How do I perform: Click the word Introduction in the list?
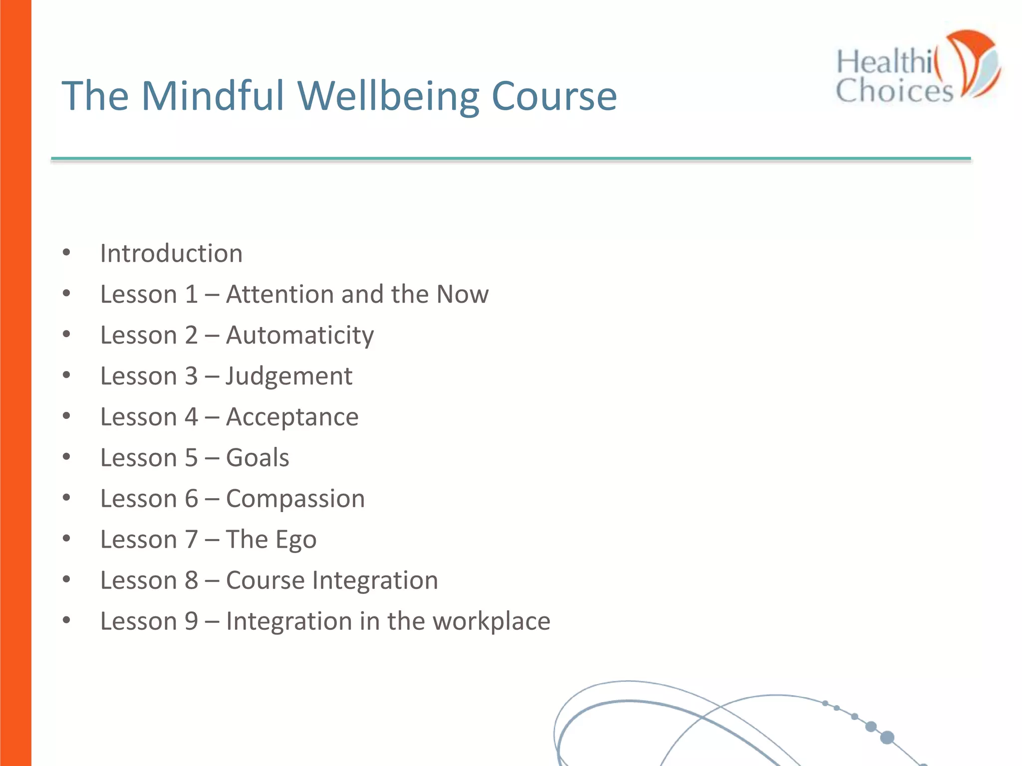pos(171,253)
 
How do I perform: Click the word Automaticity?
pos(300,335)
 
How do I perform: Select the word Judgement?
pos(289,376)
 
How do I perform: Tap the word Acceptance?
pos(292,417)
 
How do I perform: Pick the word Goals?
pos(257,458)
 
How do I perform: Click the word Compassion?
pos(295,499)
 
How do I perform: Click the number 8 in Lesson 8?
pos(192,580)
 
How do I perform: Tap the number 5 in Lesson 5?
pos(192,458)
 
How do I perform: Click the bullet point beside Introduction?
pos(66,253)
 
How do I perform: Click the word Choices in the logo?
pos(894,91)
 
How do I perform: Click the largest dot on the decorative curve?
pos(887,737)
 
